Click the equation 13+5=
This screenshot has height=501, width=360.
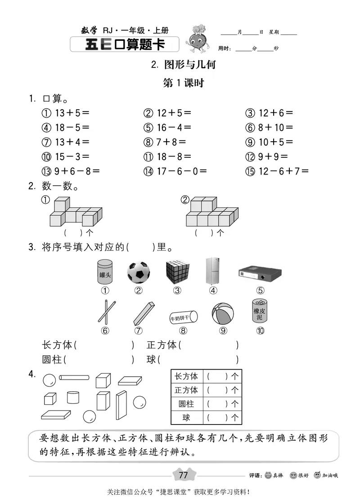coord(72,113)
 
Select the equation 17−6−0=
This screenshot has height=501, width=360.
coord(181,171)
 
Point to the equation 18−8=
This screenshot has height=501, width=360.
coord(174,157)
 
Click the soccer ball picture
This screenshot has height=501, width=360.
coord(139,272)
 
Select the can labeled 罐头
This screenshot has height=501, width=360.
coord(105,271)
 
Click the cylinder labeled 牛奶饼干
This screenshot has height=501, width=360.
coord(183,318)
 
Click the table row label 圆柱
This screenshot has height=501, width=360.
coord(186,404)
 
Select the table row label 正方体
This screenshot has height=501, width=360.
coord(186,390)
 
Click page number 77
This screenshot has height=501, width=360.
coord(183,475)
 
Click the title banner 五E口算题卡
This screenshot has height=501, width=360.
coord(125,45)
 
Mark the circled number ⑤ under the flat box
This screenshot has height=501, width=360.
coord(260,290)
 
